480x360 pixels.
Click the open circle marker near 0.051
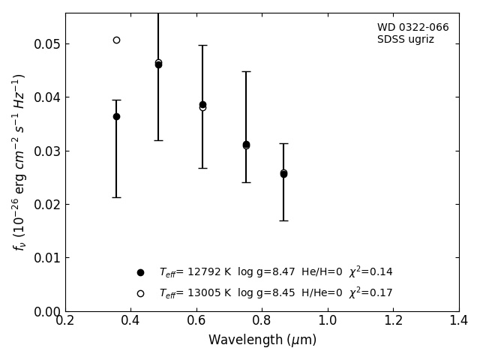pos(116,40)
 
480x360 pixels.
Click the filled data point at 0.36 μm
pos(116,116)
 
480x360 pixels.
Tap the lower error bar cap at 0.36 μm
pos(116,197)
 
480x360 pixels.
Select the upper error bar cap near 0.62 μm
pos(202,45)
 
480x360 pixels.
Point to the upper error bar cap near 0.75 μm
pos(246,71)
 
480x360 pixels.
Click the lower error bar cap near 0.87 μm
pos(283,220)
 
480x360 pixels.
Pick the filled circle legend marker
pos(140,272)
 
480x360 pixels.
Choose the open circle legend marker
pos(140,293)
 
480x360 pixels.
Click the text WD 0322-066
pos(412,28)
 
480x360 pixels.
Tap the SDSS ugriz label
pos(405,40)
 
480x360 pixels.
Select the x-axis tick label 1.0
pos(328,321)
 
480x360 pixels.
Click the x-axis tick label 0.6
pos(196,321)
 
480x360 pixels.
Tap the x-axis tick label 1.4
pos(458,321)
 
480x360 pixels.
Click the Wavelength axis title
pos(262,340)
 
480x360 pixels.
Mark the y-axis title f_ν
pos(19,161)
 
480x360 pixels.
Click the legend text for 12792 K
pos(275,272)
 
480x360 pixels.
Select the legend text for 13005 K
pos(275,293)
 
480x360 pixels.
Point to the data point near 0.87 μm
pos(283,173)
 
